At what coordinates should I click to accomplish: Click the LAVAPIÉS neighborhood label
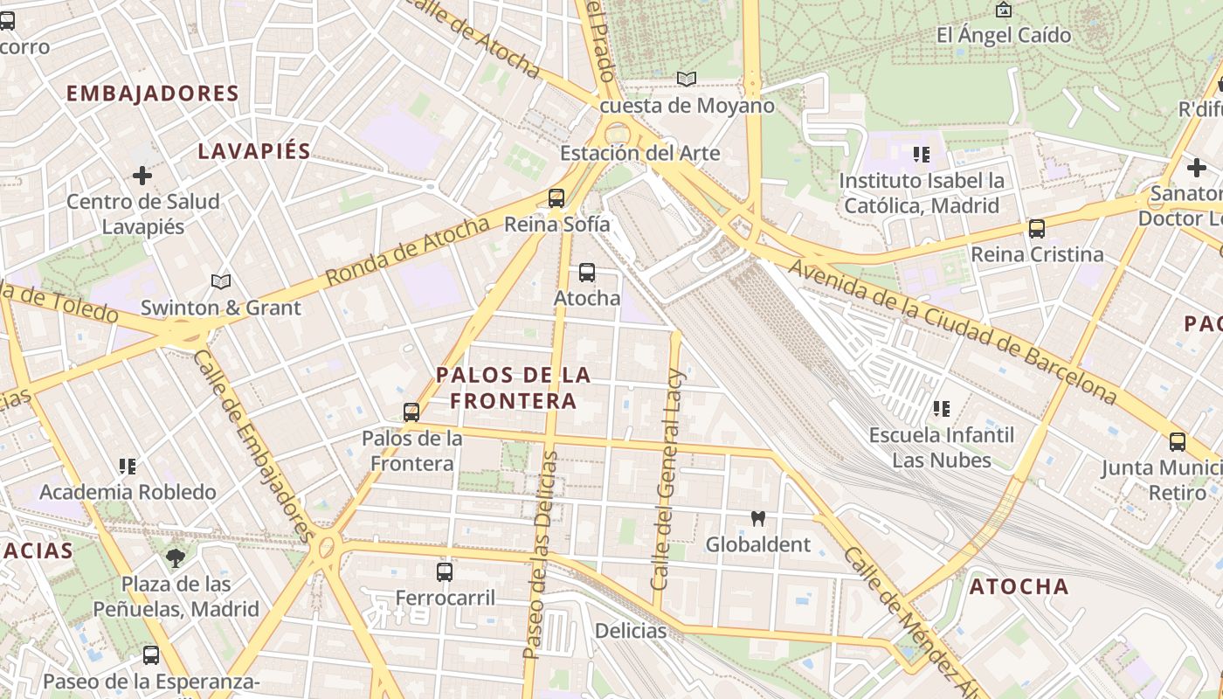tap(254, 151)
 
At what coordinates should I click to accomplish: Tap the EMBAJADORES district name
tap(153, 93)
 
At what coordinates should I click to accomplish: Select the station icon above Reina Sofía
tap(556, 198)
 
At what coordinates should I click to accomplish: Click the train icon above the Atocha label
tap(587, 273)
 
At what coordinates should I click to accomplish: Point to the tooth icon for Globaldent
tap(757, 519)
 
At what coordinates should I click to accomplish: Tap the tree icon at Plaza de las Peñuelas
tap(176, 558)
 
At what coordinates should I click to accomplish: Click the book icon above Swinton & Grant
tap(221, 282)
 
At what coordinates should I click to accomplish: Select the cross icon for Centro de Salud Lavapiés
tap(142, 176)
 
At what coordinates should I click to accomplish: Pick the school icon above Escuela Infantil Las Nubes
tap(941, 409)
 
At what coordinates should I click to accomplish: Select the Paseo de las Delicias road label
tap(539, 555)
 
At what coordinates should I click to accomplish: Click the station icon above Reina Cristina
tap(1037, 229)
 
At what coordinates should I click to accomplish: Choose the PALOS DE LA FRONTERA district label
tap(513, 388)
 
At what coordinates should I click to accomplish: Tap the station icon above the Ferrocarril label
tap(445, 572)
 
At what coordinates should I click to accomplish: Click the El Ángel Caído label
tap(1003, 36)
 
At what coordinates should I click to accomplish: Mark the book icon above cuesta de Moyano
tap(687, 80)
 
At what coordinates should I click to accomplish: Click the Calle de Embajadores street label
tap(252, 446)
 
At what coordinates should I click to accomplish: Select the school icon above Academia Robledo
tap(128, 467)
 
